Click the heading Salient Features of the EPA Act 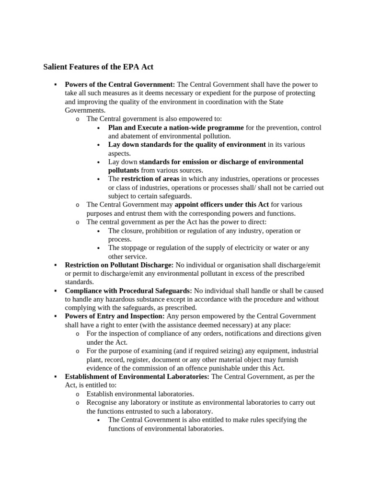coord(98,67)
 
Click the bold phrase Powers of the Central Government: coord(120,84)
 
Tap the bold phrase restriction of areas coord(150,179)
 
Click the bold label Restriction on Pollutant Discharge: coord(119,265)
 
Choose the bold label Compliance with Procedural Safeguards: coord(128,291)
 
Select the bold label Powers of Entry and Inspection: coord(115,316)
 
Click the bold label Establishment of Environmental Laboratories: coord(137,377)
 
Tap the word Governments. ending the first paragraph coord(85,110)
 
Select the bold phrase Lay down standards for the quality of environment coord(187,145)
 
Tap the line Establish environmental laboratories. coord(140,394)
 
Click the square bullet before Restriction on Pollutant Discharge coord(56,265)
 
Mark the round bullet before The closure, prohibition coord(98,231)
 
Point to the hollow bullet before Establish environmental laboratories coord(77,394)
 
